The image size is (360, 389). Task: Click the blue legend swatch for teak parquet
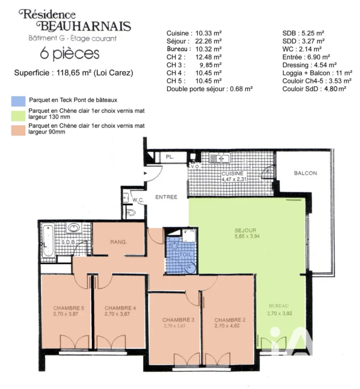[18, 101]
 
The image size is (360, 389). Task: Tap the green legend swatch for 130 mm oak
[18, 116]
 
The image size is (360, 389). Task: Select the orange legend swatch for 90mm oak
[18, 131]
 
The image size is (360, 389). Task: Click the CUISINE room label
[232, 173]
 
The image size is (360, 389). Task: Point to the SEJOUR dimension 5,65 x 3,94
[247, 237]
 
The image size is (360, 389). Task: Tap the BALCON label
[305, 173]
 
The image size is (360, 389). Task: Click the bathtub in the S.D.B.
[48, 240]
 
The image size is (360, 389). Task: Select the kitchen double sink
[220, 158]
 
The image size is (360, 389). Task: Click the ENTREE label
[166, 197]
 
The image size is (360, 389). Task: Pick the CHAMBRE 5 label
[68, 308]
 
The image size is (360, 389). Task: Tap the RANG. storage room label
[119, 242]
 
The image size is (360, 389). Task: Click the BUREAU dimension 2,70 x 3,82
[279, 314]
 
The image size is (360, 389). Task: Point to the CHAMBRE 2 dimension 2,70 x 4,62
[227, 326]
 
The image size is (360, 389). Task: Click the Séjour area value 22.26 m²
[208, 41]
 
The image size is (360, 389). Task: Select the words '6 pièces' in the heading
[70, 54]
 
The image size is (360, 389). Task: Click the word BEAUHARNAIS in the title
[84, 26]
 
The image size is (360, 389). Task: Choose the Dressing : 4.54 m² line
[309, 65]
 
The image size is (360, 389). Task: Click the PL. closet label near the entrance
[170, 157]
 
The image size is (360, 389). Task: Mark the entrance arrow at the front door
[146, 173]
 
